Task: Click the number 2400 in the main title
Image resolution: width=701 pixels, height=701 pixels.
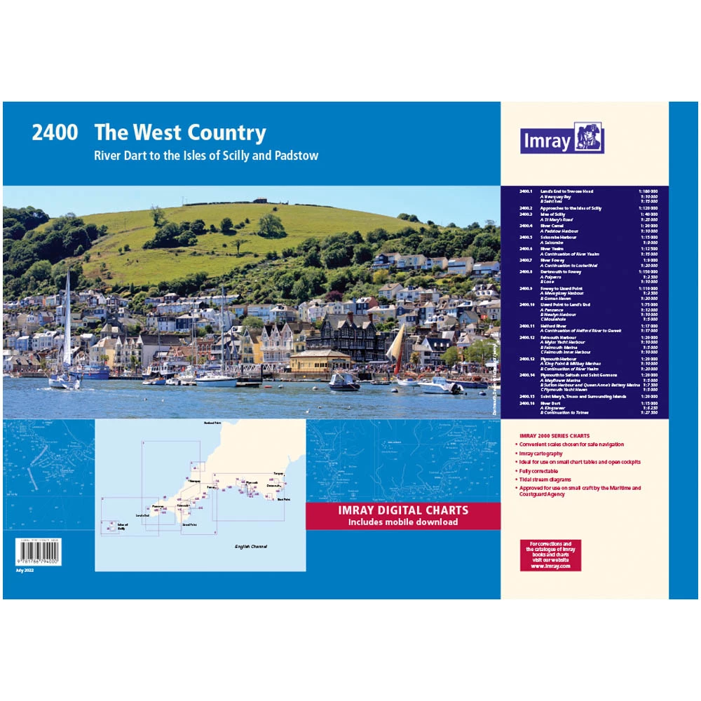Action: coord(54,133)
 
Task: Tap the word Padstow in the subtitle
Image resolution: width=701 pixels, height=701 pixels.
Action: coord(299,156)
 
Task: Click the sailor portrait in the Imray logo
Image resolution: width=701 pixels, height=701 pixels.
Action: coord(589,137)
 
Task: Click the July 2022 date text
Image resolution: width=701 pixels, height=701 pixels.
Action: coord(24,571)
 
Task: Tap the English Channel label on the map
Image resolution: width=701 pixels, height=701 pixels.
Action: coord(250,547)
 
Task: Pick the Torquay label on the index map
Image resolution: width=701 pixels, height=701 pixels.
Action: coord(279,475)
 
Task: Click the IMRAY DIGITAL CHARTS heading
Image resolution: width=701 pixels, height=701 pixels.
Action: coord(402,510)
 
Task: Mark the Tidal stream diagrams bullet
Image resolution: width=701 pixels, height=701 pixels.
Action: coord(546,479)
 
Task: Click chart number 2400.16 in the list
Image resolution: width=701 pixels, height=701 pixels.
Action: coord(526,404)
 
